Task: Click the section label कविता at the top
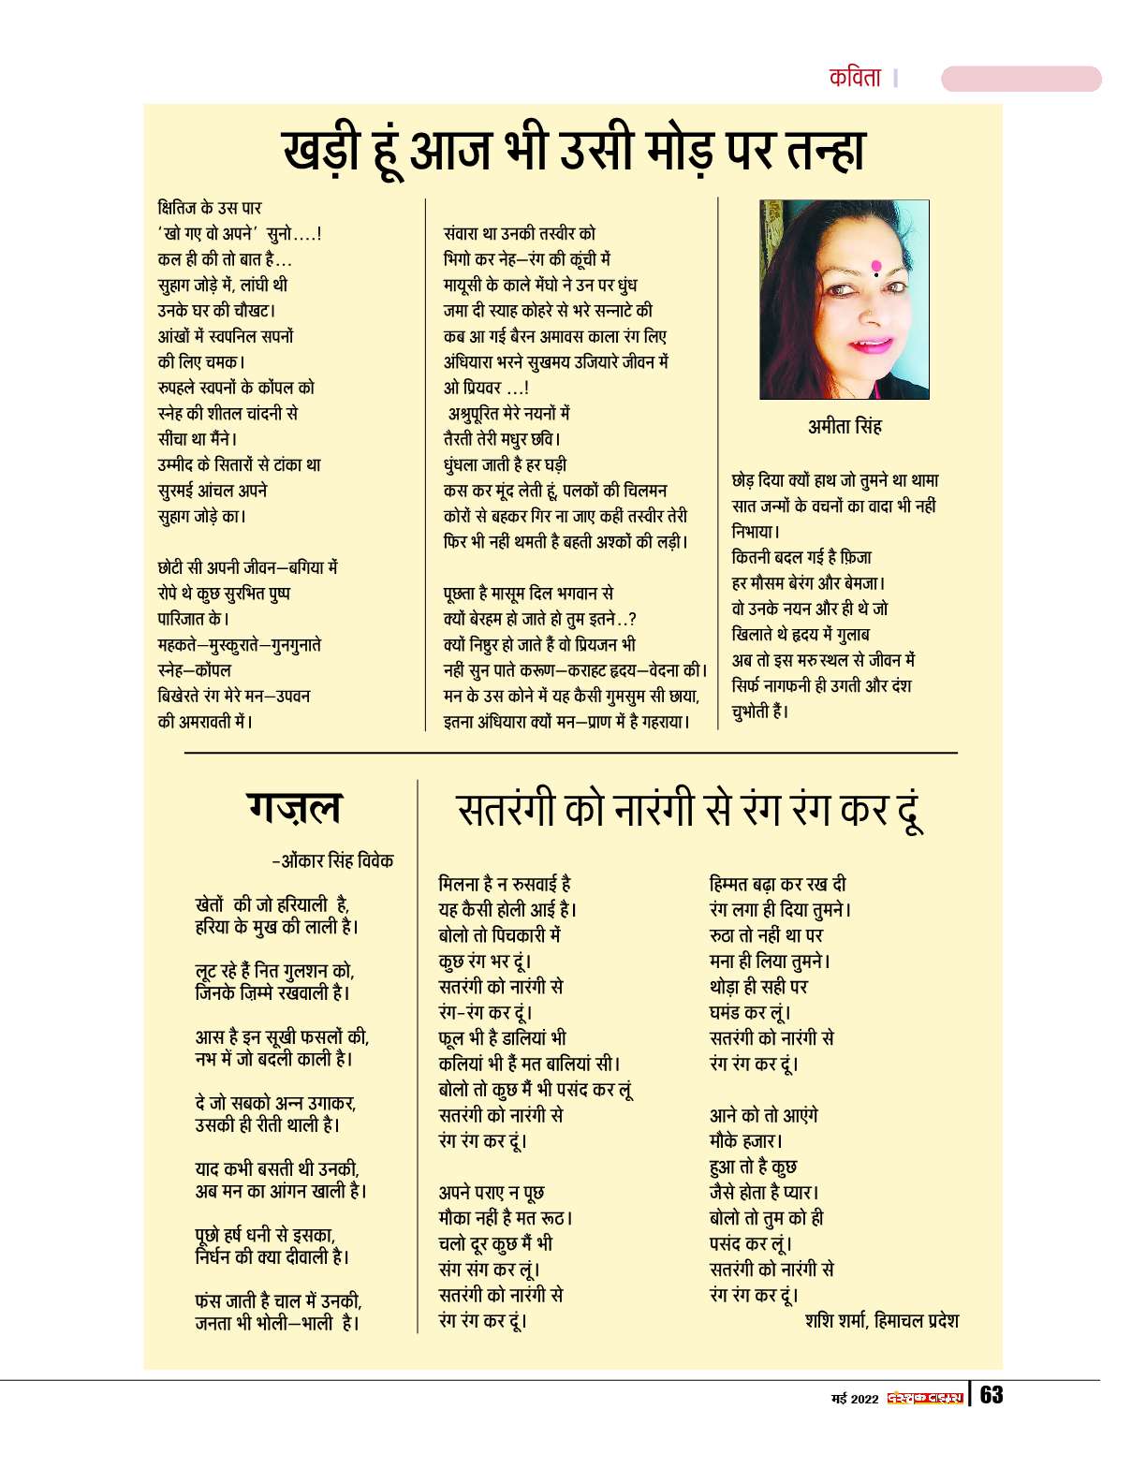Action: point(855,78)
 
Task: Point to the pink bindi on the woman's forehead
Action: point(875,266)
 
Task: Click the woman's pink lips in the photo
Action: point(870,345)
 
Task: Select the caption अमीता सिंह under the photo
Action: point(845,427)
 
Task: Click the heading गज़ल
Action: point(294,807)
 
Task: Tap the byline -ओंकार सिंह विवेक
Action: point(332,860)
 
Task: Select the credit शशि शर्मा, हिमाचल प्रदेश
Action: point(881,1321)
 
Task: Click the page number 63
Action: point(992,1395)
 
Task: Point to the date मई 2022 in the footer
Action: point(855,1399)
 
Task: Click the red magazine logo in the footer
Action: point(925,1398)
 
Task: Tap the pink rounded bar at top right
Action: point(1021,79)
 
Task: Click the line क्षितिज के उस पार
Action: point(210,208)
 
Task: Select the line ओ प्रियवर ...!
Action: point(486,388)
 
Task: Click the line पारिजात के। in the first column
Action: point(194,619)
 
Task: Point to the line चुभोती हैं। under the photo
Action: point(760,712)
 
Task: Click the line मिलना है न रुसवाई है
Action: point(505,884)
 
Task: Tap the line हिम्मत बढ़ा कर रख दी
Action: point(777,884)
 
